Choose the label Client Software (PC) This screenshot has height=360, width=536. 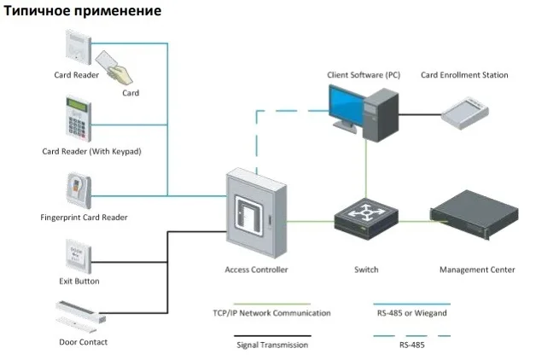point(363,75)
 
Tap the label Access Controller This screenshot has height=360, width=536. point(256,270)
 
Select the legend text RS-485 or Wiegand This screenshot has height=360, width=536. point(412,313)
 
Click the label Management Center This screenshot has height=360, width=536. point(477,270)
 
